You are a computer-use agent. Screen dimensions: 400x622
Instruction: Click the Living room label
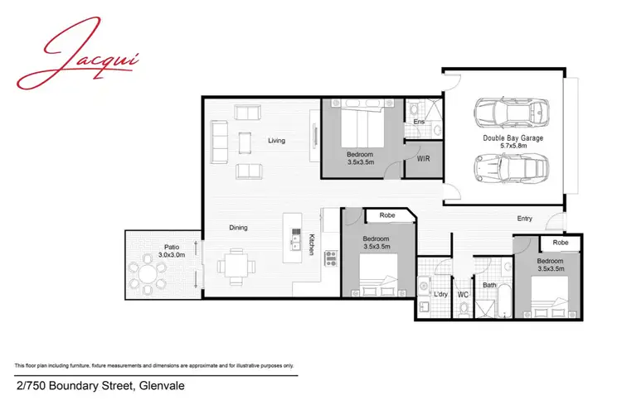[x=276, y=141]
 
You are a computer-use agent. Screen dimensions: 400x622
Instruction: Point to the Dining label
[x=238, y=228]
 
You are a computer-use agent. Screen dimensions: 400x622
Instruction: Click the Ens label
[x=420, y=123]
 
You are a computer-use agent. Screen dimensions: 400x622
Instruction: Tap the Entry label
[x=524, y=219]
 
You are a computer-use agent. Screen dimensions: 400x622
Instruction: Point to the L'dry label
[x=441, y=294]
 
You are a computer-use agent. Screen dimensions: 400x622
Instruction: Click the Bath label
[x=490, y=286]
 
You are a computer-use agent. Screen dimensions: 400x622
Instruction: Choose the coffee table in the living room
[x=244, y=143]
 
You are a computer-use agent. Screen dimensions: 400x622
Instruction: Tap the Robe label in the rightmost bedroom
[x=560, y=243]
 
